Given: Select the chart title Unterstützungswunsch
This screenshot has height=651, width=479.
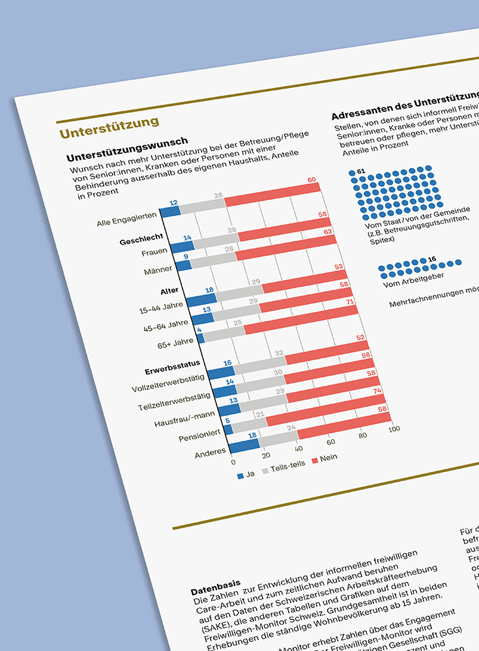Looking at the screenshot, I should (x=128, y=151).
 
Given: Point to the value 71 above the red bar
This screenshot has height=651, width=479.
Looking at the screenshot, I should (x=350, y=303).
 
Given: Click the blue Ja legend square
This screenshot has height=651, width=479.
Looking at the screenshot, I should (x=240, y=475).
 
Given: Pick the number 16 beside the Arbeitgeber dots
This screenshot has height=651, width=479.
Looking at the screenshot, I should (x=432, y=259).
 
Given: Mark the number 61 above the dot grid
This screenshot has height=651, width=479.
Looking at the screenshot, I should (x=361, y=171).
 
